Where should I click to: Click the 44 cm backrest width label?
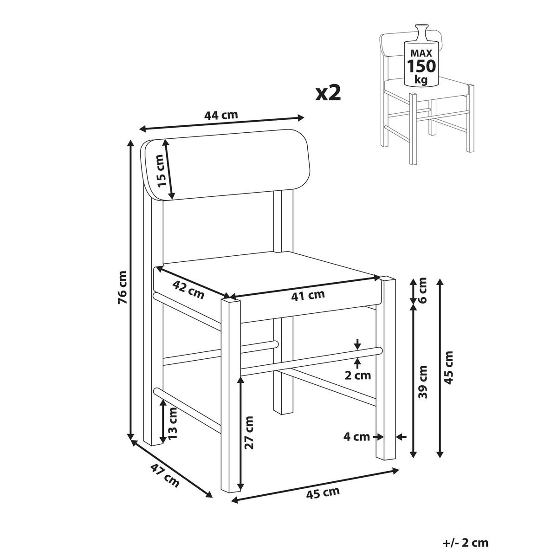coord(221,115)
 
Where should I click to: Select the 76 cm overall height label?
coord(122,287)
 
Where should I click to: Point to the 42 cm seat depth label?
coord(188,290)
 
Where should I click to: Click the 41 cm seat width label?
coord(308,295)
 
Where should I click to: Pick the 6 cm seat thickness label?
coord(422,291)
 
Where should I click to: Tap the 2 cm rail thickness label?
coord(357,375)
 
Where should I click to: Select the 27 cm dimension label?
coord(249,433)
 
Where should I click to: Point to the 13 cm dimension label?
coord(173,423)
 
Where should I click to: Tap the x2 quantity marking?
coord(328,93)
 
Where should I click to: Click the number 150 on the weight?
coord(421,66)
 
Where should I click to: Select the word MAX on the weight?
coord(421,53)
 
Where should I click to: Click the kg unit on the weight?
coord(421,80)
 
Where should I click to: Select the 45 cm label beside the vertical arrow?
coord(448,368)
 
